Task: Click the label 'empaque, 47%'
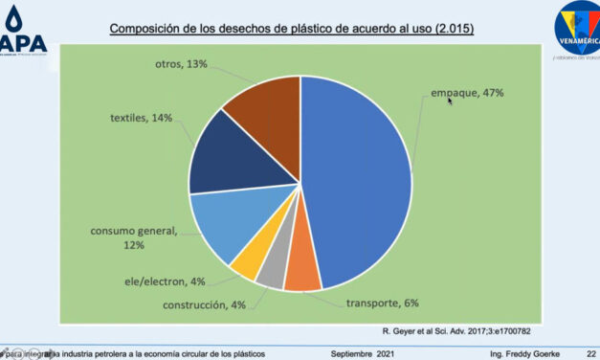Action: click(x=467, y=93)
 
